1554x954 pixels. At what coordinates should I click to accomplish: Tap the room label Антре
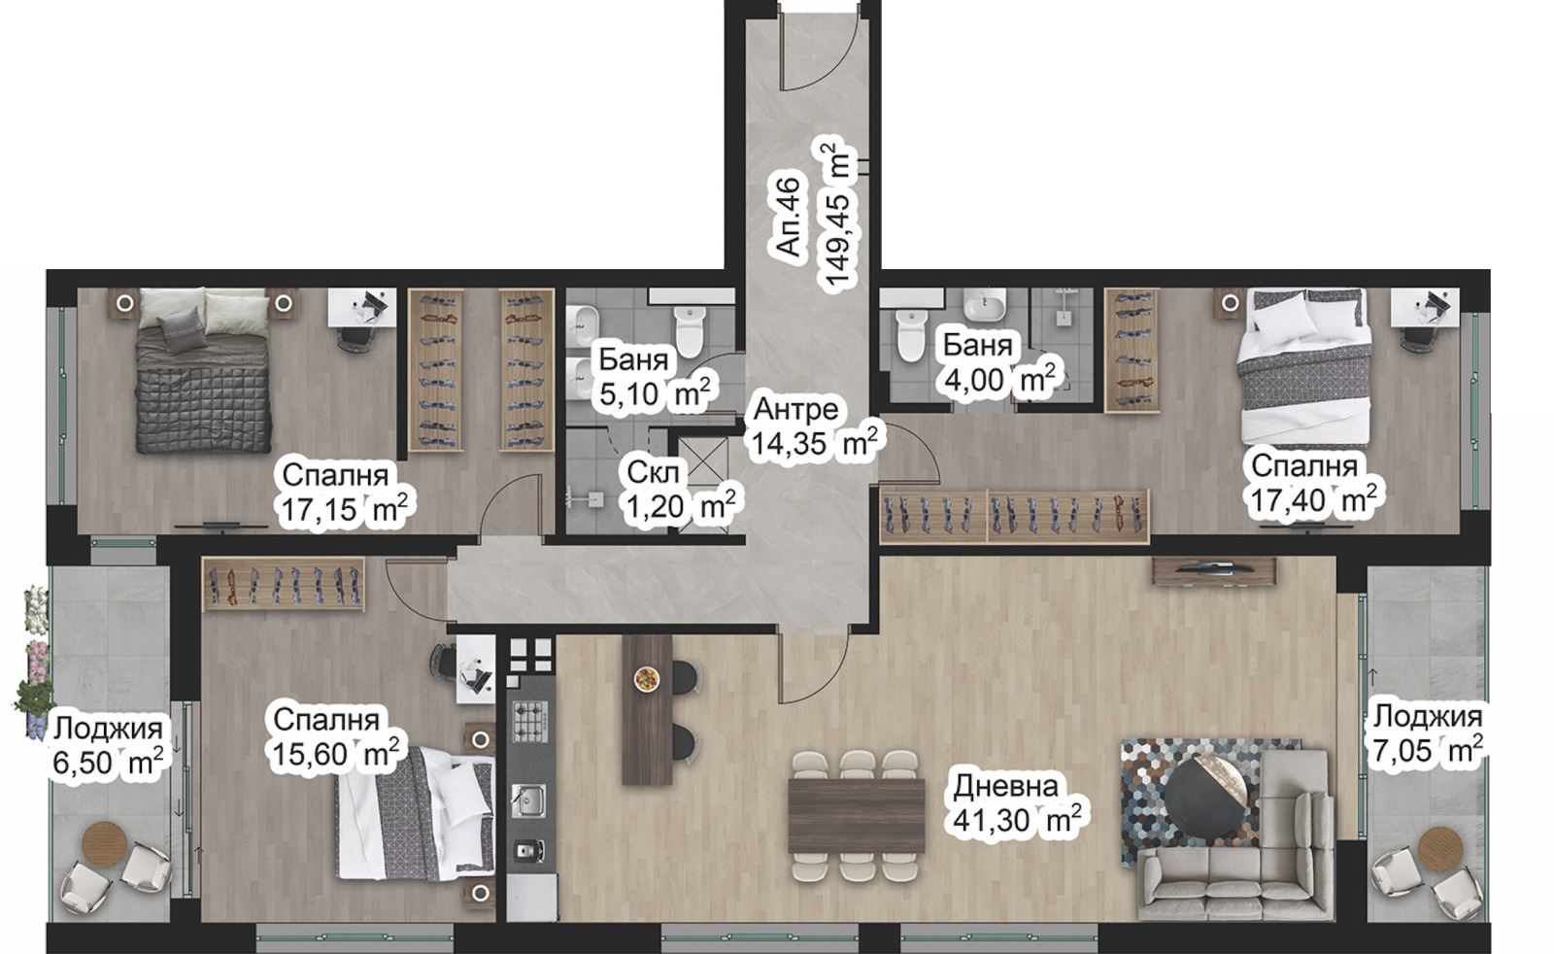coord(795,409)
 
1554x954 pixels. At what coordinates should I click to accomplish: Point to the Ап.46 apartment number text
coord(789,217)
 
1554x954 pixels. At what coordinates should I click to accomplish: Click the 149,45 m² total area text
coord(837,216)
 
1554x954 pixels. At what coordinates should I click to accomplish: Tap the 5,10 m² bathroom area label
coord(655,394)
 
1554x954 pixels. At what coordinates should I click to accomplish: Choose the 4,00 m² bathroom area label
coord(999,379)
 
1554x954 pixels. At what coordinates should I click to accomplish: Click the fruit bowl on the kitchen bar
coord(647,677)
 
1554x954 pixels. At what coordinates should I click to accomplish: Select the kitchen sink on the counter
coord(530,799)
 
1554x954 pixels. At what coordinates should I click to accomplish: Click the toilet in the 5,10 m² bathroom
coord(689,331)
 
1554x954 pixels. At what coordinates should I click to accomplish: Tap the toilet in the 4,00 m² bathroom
coord(910,335)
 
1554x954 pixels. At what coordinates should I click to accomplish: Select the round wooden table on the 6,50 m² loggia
coord(105,842)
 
